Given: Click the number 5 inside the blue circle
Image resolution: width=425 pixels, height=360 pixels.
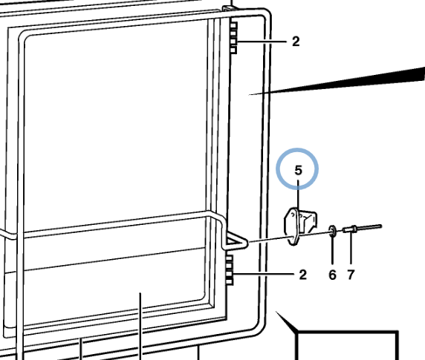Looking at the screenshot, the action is click(298, 170).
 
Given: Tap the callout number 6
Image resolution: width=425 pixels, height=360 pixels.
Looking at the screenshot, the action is click(332, 275).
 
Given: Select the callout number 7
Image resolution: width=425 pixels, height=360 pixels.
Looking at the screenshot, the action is click(351, 275).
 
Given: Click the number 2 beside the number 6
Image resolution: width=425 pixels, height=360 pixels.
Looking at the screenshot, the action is click(302, 275).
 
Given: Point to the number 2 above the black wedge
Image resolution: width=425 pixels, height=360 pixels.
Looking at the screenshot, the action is click(296, 42).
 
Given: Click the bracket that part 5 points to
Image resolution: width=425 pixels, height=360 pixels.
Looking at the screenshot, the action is click(299, 226).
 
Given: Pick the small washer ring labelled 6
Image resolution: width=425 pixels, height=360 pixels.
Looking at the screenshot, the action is click(333, 231).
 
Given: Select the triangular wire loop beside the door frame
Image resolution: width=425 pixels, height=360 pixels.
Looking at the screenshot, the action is click(235, 240).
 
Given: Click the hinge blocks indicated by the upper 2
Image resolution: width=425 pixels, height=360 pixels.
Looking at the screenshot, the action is click(233, 38).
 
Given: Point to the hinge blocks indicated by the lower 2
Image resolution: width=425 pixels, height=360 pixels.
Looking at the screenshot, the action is click(230, 270).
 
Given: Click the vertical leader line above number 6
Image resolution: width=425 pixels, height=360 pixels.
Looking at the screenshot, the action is click(333, 249).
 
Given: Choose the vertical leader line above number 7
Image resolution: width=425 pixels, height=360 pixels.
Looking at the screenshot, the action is click(351, 248).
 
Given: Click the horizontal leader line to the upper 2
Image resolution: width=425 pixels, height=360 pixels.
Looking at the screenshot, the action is click(262, 42).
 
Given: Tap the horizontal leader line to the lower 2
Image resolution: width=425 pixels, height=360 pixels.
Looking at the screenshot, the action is click(264, 275).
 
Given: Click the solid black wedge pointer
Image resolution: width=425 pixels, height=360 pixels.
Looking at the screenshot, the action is click(337, 81).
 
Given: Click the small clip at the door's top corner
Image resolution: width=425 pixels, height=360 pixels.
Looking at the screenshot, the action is click(227, 8).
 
